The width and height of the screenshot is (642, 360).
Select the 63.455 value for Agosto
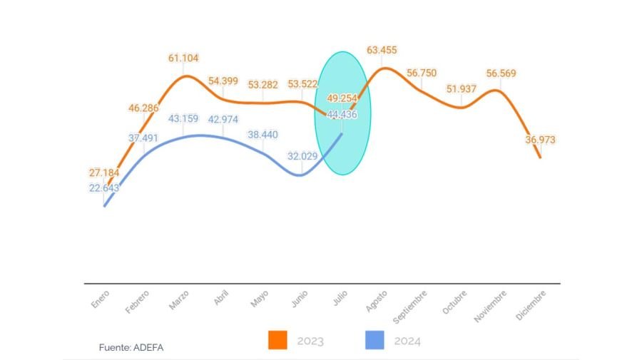coord(382,51)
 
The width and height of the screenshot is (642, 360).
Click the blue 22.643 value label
coord(104,188)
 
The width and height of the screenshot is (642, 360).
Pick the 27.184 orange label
coord(104,173)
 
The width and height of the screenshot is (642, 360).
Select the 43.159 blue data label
coord(184,118)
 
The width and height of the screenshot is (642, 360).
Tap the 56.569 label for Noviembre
coord(501,73)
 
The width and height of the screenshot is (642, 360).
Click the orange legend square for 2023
coord(277,341)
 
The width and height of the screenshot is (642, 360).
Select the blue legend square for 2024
coord(374,341)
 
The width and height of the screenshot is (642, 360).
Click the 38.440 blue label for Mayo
coord(263,134)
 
